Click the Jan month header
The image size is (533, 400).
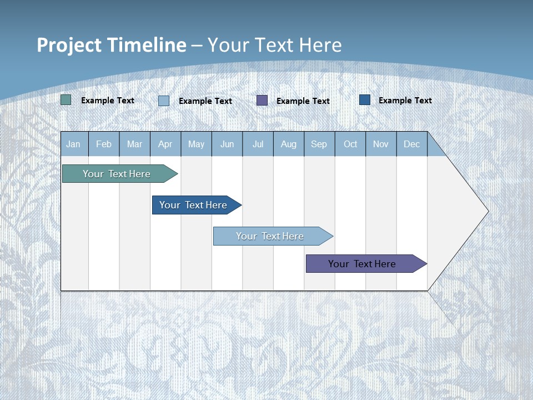tap(73, 144)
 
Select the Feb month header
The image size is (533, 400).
tap(104, 144)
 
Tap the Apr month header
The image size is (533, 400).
tap(165, 144)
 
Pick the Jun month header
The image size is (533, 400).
tap(227, 144)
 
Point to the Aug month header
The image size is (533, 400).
tap(289, 144)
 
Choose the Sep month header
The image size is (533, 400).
tap(319, 144)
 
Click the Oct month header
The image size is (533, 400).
tap(350, 144)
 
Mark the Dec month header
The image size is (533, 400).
tap(412, 144)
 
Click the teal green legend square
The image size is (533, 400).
tap(66, 100)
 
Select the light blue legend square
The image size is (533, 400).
tap(164, 101)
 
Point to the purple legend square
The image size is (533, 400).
tap(262, 100)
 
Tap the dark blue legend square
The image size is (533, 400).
tap(365, 99)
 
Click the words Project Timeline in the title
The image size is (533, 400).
tap(112, 45)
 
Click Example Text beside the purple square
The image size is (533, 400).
tap(303, 101)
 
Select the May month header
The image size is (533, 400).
tap(196, 144)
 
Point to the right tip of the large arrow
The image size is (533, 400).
tap(487, 211)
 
